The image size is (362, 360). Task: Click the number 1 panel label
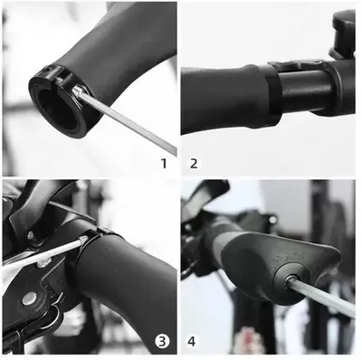click(164, 164)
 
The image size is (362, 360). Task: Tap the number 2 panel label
click(194, 164)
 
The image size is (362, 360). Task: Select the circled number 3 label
click(162, 342)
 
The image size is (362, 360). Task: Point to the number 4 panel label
click(192, 342)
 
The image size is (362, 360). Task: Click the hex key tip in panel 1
click(77, 90)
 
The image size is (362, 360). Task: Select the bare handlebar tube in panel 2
click(305, 90)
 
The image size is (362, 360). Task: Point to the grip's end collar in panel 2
click(273, 96)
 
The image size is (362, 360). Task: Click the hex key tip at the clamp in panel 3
click(83, 240)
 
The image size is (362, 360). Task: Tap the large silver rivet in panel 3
click(30, 298)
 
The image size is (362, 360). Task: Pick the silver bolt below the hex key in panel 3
click(43, 263)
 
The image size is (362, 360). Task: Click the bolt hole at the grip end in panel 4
click(291, 278)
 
